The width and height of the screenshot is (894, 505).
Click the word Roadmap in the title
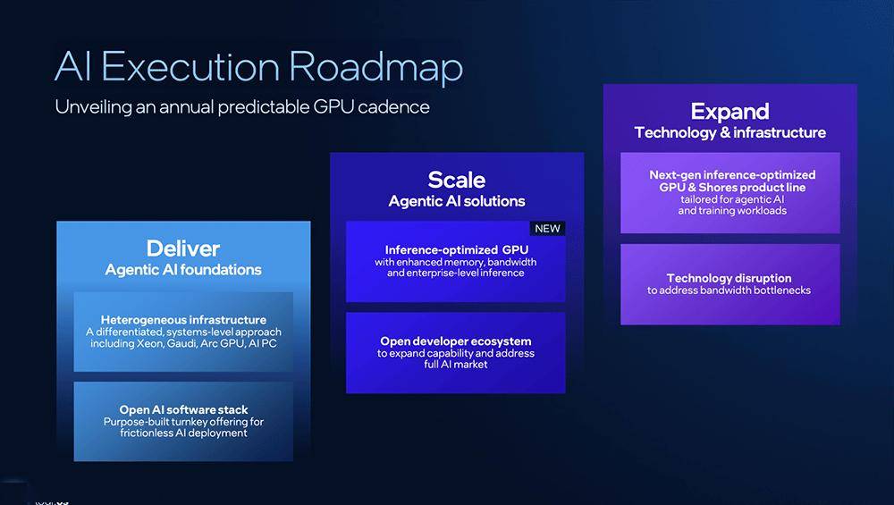[375, 68]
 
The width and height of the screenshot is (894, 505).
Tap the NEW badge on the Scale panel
[547, 229]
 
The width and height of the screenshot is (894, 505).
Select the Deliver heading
[183, 248]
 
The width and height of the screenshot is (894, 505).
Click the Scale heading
[457, 181]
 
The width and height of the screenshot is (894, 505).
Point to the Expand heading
[730, 112]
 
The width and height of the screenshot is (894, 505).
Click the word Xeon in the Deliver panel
[150, 343]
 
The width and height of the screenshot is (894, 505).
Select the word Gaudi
[181, 344]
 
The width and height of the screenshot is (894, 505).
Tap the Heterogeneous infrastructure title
[183, 320]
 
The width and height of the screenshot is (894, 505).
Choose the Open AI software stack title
[183, 409]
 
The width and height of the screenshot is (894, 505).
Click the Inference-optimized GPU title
[456, 249]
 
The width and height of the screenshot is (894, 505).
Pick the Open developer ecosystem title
[456, 341]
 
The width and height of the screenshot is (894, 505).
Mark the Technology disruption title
[729, 278]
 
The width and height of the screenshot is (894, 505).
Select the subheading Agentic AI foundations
[183, 270]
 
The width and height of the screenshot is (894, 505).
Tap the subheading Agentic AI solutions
[457, 201]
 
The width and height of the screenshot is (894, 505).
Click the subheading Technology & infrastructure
[730, 133]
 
